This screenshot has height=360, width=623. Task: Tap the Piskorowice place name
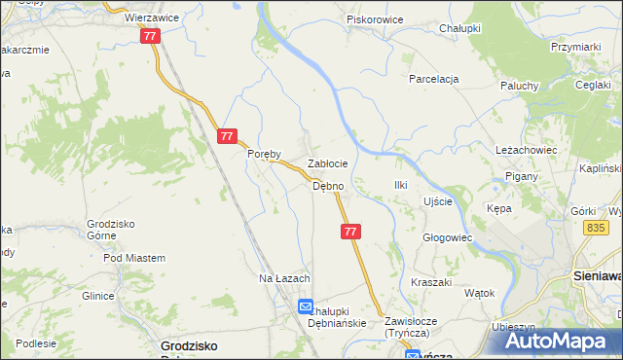coord(376,18)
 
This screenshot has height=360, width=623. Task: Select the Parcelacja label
coord(433,79)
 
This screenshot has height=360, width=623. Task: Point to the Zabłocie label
coord(328,164)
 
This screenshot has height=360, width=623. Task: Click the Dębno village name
coord(327,186)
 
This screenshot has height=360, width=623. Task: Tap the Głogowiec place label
coord(447,237)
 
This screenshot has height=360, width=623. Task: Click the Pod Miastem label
coord(133,258)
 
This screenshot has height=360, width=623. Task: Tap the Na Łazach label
coord(283,279)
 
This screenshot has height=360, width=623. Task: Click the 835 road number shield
coord(597,227)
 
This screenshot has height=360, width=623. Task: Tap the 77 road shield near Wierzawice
coord(149,36)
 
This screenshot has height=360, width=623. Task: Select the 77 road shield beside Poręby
coord(227,137)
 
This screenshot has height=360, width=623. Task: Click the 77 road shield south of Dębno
coord(351,232)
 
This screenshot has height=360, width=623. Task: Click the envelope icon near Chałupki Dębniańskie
coord(306,306)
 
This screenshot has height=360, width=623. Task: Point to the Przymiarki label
coord(573,46)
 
